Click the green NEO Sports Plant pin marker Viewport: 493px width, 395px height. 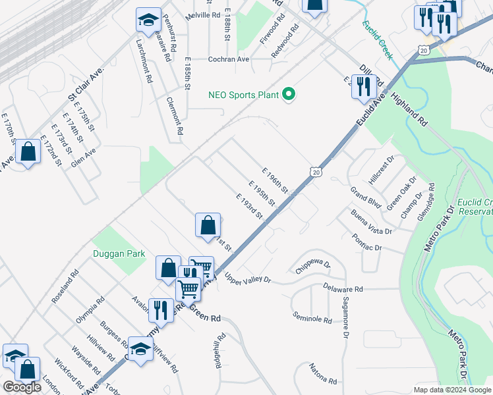pos(288,95)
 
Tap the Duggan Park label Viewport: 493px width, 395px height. pos(119,252)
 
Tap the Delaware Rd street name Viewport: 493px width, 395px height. pos(343,288)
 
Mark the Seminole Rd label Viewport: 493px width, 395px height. pos(312,318)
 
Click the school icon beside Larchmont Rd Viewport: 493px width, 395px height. pos(148,20)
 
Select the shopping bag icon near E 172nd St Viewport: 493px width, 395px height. pos(28,153)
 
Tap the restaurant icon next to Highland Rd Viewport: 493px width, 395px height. pos(363,86)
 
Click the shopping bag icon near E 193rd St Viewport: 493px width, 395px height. pos(208,225)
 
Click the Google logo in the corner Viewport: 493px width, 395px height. pos(22,387)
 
